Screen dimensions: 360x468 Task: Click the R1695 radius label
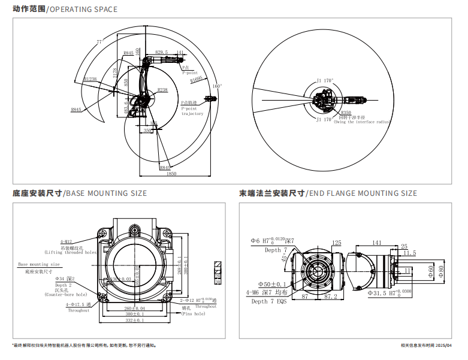point(197,78)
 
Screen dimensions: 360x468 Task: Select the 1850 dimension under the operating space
point(172,174)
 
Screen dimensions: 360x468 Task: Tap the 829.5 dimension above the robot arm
point(161,53)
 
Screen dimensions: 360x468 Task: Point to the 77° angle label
point(100,42)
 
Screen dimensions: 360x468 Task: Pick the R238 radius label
point(162,90)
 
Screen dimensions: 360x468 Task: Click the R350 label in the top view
point(346,112)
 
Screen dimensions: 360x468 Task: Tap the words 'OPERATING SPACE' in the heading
point(83,10)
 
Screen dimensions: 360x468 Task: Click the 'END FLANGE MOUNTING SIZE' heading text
point(363,193)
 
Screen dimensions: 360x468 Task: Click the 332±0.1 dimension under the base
point(135,320)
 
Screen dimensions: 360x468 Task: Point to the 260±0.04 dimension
point(134,308)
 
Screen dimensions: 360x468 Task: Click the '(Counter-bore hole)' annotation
point(65,295)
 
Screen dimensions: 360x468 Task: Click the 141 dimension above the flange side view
point(376,243)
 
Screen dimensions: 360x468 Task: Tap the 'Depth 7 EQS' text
point(268,302)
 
